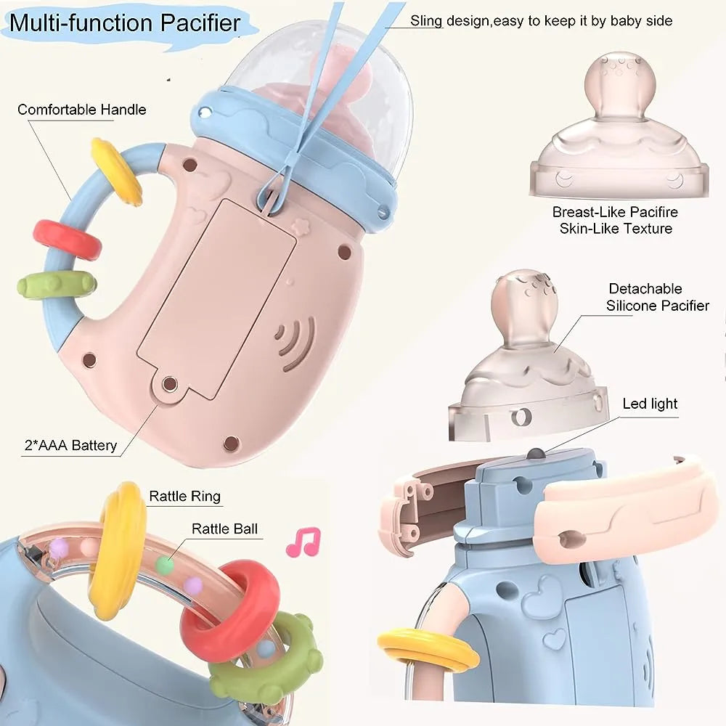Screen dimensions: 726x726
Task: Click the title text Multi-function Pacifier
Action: [125, 23]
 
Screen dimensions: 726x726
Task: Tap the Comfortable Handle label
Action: [82, 110]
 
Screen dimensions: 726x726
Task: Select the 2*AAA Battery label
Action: [71, 446]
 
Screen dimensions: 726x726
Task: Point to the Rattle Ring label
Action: [184, 497]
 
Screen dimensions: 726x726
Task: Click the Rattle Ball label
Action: [224, 529]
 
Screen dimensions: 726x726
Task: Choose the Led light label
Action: [650, 404]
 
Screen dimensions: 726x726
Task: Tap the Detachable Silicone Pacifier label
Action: [658, 297]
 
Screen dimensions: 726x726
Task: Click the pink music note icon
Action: [303, 542]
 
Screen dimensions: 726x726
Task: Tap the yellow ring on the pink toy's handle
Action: [116, 171]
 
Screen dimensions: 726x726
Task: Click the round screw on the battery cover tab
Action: [170, 384]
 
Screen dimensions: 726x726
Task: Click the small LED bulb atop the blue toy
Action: [536, 454]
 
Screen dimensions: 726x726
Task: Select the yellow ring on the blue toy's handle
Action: [428, 650]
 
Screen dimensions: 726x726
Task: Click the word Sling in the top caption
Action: [426, 21]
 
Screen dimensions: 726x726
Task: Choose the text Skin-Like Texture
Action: [616, 229]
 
